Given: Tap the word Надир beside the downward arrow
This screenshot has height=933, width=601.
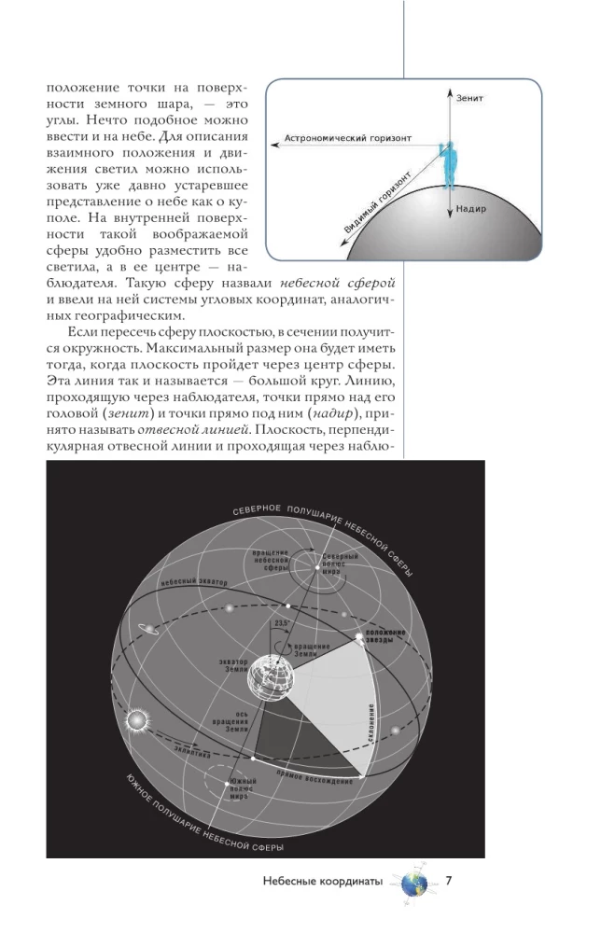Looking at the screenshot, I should [x=472, y=208].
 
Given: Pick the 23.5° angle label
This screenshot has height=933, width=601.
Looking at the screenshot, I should [x=283, y=624].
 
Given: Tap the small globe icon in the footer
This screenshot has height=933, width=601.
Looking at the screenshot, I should [x=412, y=882].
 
